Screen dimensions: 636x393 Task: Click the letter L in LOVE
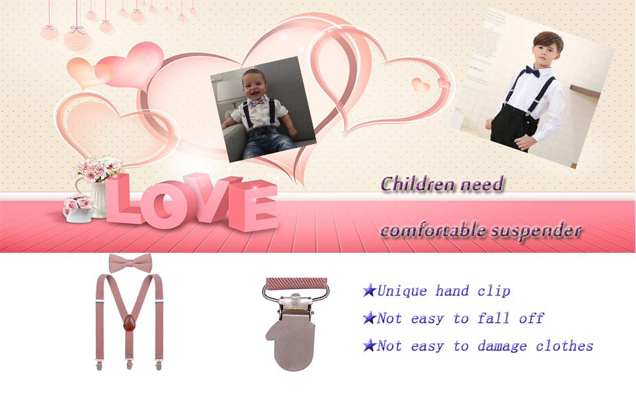tap(122, 200)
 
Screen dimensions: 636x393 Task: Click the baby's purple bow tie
tap(258, 101)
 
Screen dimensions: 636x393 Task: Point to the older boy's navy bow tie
tap(532, 71)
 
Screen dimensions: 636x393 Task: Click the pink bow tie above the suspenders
tap(130, 263)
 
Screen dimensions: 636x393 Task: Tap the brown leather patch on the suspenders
tap(129, 324)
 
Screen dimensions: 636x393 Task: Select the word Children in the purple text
tap(418, 184)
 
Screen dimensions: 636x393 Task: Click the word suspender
tap(536, 231)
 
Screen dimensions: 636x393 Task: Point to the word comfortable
tap(433, 230)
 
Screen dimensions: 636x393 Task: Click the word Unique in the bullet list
tap(402, 291)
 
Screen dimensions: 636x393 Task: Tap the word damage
tap(502, 346)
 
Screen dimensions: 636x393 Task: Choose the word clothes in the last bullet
tap(565, 346)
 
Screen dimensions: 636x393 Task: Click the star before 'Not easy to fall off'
tap(369, 318)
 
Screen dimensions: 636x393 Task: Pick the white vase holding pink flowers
tap(98, 198)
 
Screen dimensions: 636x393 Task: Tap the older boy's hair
tap(549, 40)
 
